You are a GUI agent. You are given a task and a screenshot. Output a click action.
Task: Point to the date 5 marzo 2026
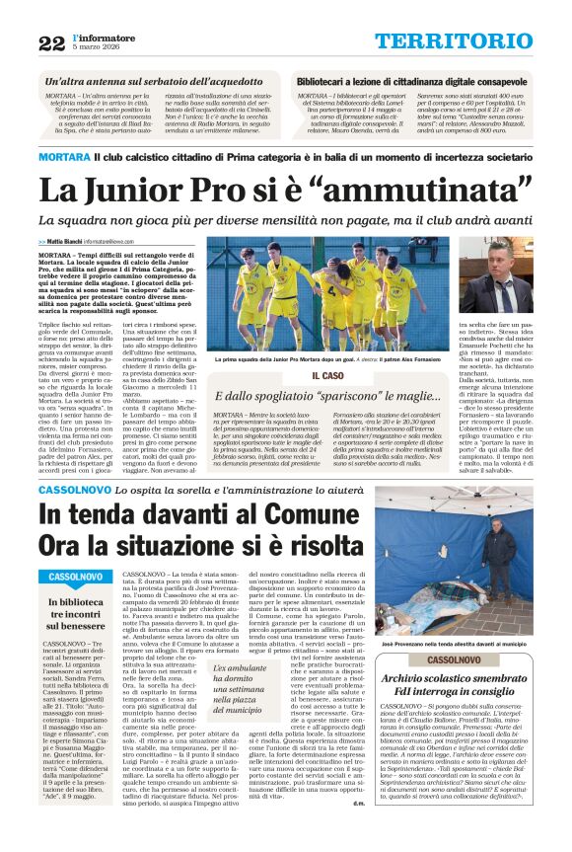point(92,47)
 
